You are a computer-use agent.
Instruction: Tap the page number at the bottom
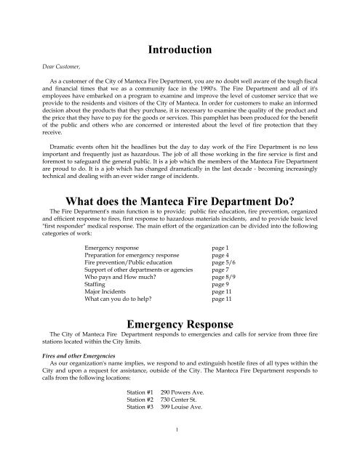pos(179,448)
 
